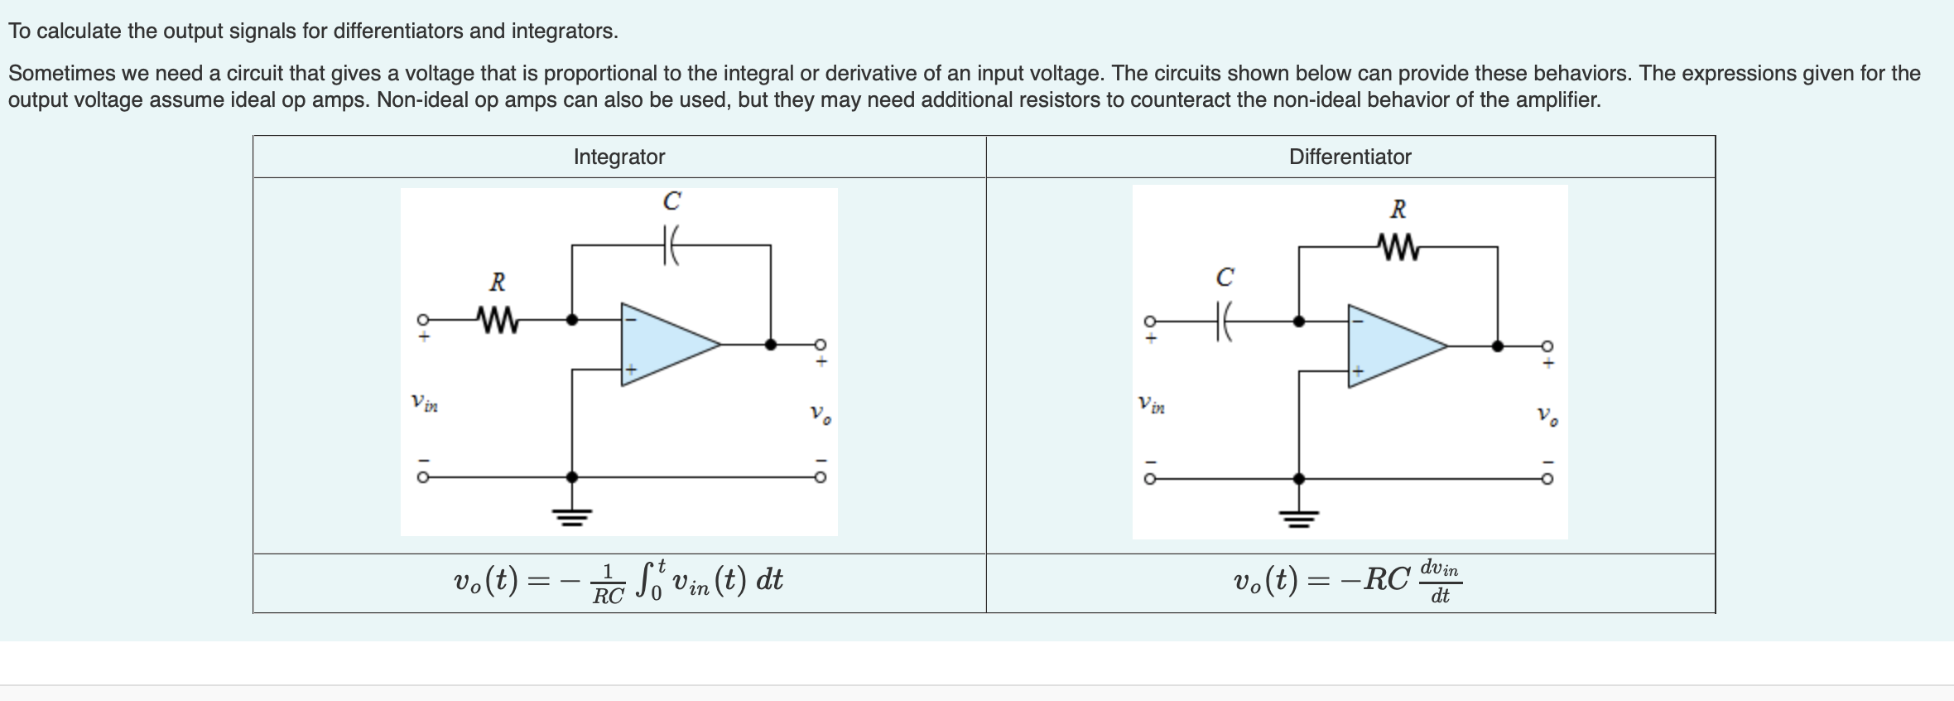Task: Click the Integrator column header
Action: click(618, 157)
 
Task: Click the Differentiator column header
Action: click(1350, 157)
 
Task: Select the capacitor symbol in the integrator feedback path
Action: click(671, 245)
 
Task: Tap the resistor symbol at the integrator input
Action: click(497, 318)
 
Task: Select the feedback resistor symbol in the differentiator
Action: click(1398, 246)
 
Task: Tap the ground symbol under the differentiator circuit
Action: click(1299, 519)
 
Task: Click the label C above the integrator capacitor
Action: click(671, 201)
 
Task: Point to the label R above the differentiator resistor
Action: click(1398, 209)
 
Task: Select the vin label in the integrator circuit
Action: click(424, 404)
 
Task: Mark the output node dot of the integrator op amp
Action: click(771, 345)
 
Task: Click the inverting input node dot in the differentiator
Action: click(1299, 321)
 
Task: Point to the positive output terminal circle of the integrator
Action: click(820, 345)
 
